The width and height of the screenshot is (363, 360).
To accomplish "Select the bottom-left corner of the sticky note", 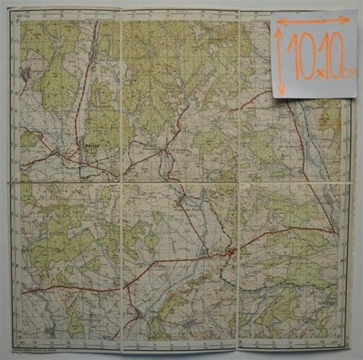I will (x=274, y=98).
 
